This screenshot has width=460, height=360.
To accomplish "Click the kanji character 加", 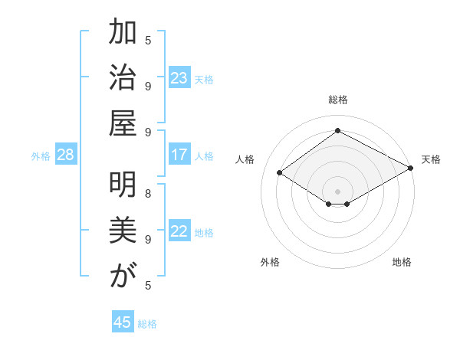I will (x=122, y=34).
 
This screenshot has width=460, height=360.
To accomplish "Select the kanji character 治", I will (x=122, y=79).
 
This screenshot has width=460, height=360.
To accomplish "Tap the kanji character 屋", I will (x=122, y=125).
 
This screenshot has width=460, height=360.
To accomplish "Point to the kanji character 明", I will (x=122, y=186).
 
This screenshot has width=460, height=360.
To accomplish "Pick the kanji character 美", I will (x=122, y=231).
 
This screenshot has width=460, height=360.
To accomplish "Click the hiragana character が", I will (x=122, y=277).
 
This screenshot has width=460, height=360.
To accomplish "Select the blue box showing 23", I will (x=179, y=78).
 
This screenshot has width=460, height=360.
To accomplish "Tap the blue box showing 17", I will (x=179, y=155).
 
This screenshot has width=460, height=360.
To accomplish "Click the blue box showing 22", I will (x=179, y=231).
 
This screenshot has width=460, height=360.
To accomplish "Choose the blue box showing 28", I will (x=66, y=155).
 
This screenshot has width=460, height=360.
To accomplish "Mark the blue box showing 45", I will (x=122, y=322).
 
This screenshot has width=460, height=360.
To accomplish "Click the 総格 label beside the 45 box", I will (x=147, y=324).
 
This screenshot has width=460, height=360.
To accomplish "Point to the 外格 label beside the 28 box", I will (x=41, y=156).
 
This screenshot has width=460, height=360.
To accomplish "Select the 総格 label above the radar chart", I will (x=337, y=100).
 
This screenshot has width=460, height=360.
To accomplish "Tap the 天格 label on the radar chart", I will (x=431, y=159).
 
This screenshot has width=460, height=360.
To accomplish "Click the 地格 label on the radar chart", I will (x=402, y=262).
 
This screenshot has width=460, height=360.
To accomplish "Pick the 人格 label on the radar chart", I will (x=245, y=159).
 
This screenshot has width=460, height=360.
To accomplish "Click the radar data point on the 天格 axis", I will (x=411, y=169).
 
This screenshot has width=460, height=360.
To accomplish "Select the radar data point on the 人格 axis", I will (x=279, y=173).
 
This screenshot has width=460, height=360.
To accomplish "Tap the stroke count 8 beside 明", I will (x=148, y=193).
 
